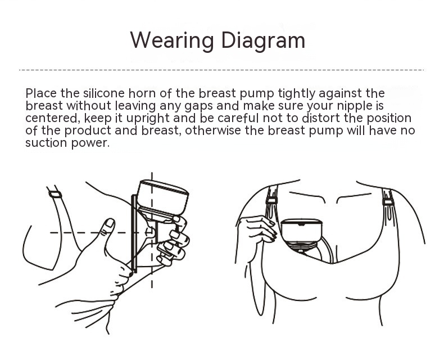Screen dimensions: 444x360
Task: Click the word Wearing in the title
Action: tap(172, 40)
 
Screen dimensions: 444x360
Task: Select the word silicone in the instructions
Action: tap(103, 93)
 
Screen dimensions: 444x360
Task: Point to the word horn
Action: tap(142, 93)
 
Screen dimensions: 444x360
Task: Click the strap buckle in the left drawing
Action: tap(55, 195)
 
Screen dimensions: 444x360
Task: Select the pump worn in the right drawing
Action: tap(302, 235)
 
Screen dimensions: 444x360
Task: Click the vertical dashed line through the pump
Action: tap(152, 230)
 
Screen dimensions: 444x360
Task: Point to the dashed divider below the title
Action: tap(221, 70)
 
